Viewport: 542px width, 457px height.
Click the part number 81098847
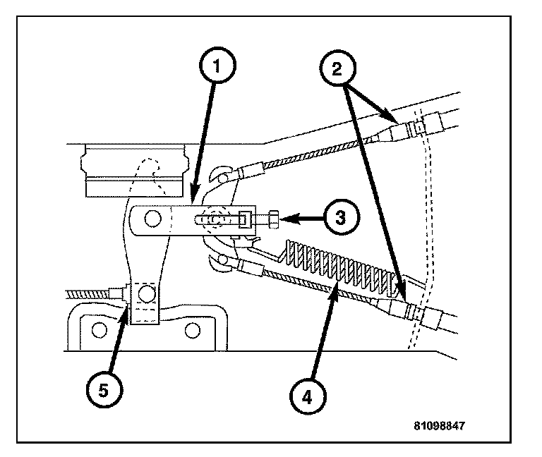(440, 427)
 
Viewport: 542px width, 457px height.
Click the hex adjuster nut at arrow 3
(273, 219)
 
